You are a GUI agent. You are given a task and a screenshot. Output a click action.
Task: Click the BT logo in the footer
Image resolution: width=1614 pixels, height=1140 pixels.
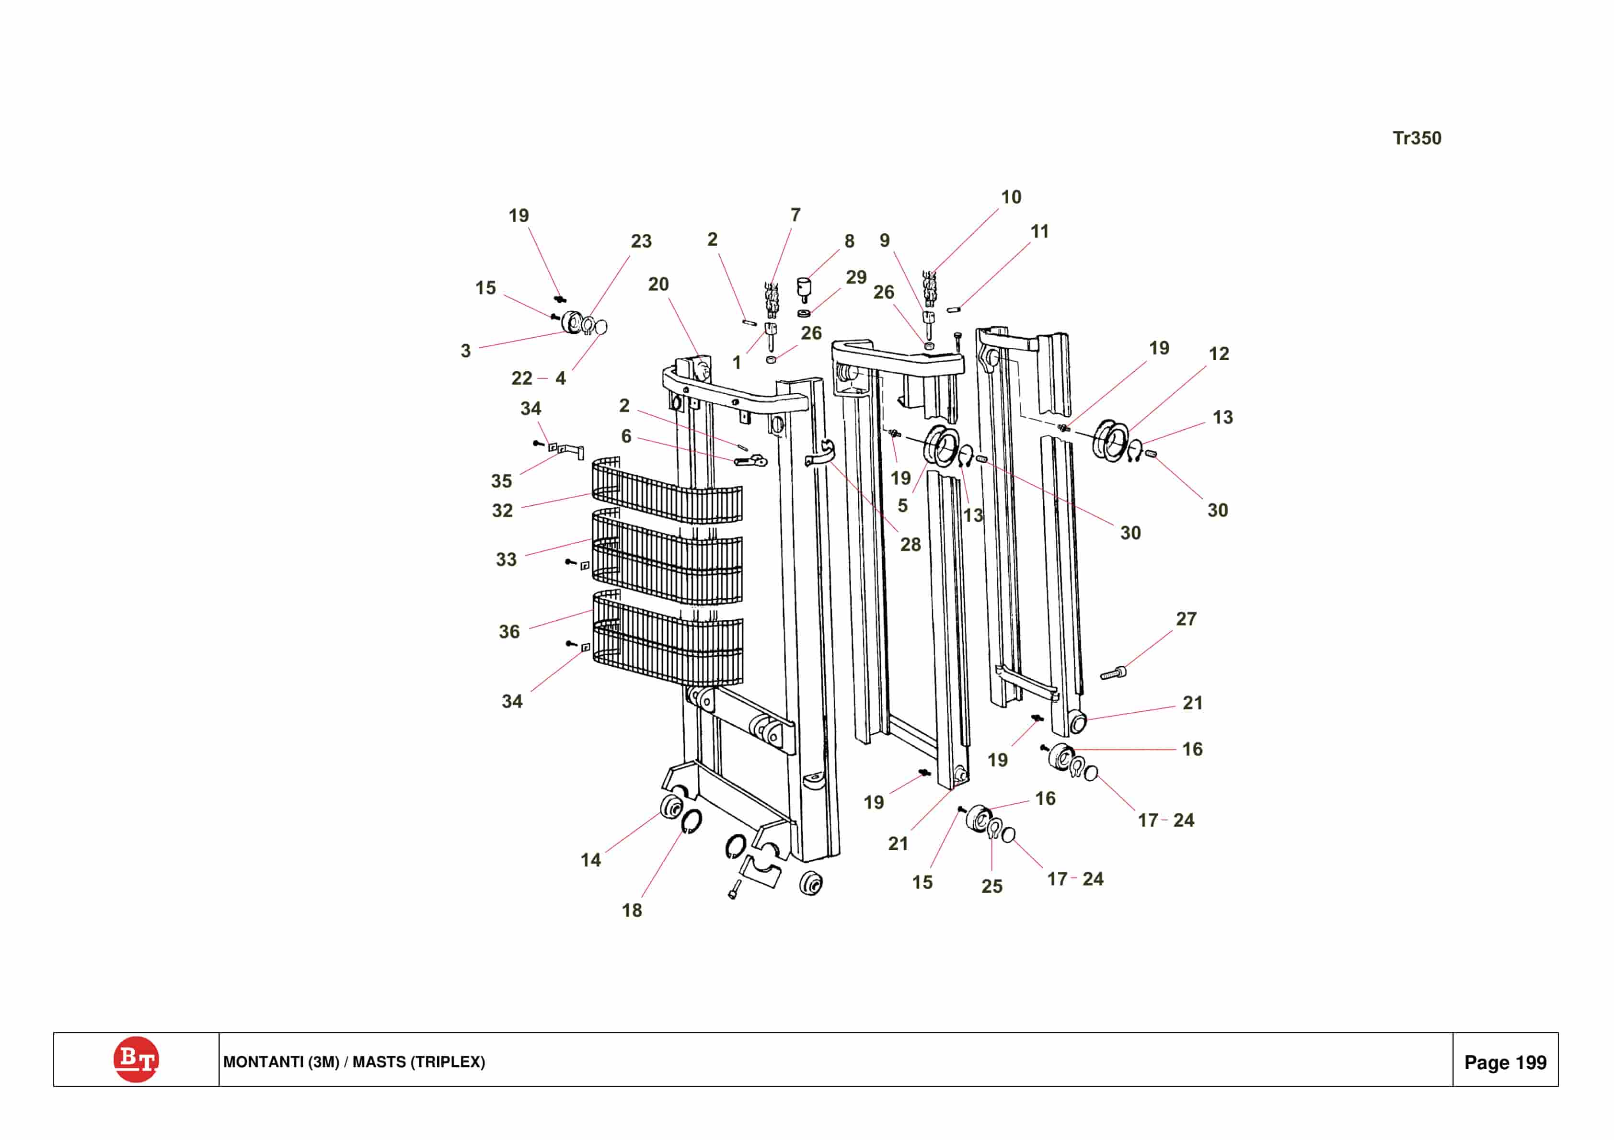click(136, 1059)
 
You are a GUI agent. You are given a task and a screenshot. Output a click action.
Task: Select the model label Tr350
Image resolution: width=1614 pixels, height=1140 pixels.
click(1417, 138)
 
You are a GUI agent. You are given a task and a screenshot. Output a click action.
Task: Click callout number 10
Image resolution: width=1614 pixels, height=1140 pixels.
click(1011, 197)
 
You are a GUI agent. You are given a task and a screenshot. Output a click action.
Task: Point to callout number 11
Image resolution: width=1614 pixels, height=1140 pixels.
click(1039, 231)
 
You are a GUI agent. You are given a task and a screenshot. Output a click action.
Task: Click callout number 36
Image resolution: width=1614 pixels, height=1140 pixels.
click(509, 631)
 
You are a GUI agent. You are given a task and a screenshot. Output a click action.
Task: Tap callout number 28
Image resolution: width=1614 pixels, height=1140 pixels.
click(910, 544)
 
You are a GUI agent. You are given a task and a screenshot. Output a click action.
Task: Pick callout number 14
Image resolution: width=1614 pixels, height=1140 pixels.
click(590, 860)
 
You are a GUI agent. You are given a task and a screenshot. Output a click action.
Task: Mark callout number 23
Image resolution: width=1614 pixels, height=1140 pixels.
click(640, 241)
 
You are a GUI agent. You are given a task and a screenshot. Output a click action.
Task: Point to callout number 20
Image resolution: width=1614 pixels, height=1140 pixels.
click(658, 284)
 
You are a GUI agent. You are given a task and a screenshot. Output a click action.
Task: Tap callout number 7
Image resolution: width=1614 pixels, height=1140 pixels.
click(795, 215)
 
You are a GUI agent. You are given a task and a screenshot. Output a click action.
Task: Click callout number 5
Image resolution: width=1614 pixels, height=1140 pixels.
click(902, 505)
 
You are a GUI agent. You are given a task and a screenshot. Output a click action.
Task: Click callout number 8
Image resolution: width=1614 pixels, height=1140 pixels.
click(849, 241)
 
